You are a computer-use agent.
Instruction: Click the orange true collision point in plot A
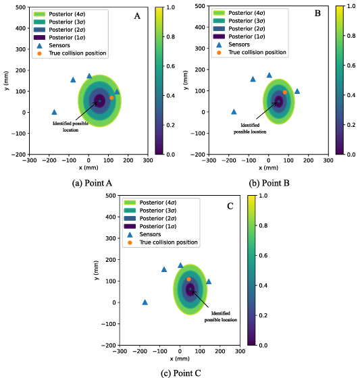click(111, 98)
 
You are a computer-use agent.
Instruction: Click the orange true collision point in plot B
click(285, 92)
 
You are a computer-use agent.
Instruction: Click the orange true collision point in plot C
click(189, 279)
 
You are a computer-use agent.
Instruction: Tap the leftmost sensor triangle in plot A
click(54, 112)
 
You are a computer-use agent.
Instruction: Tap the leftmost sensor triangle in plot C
click(145, 302)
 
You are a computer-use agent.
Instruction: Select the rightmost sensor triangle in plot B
click(297, 91)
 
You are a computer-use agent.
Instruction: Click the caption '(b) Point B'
click(272, 182)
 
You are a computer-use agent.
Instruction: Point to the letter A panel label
click(136, 16)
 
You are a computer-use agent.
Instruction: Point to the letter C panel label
click(230, 205)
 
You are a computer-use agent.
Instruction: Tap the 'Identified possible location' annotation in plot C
click(220, 317)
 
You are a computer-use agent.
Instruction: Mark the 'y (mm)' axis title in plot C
click(99, 271)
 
